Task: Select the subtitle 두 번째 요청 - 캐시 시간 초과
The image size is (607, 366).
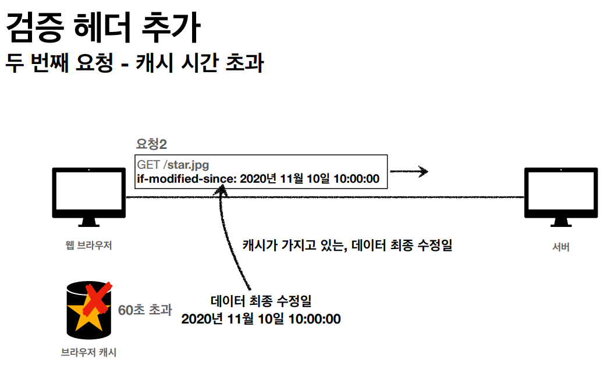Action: [x=134, y=63]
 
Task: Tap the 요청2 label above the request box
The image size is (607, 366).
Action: [x=151, y=145]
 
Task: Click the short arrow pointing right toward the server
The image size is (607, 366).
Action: [x=409, y=172]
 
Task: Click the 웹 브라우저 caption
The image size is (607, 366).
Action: [x=88, y=246]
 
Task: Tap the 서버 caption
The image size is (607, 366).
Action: [x=561, y=247]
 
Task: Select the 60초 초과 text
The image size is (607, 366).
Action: [x=145, y=310]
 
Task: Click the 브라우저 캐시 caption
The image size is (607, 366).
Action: [x=88, y=352]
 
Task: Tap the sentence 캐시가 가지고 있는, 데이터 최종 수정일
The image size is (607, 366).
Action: [x=347, y=245]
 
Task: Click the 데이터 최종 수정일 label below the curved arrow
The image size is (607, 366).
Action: [x=261, y=302]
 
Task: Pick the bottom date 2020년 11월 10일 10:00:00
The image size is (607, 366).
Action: [x=261, y=319]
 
